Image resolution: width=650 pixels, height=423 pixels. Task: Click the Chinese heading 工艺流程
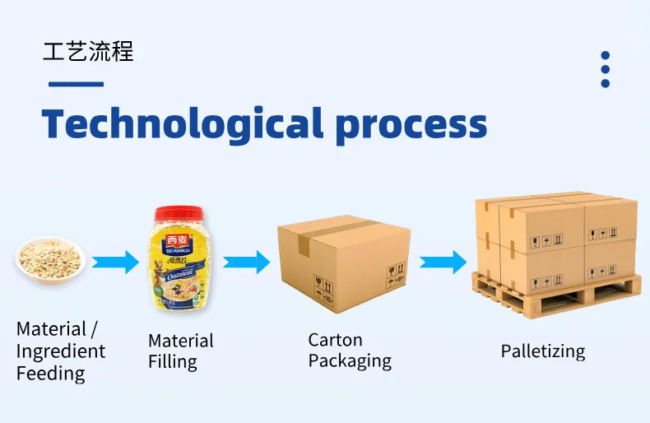click(x=87, y=51)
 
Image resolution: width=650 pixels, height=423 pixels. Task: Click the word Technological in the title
click(x=182, y=123)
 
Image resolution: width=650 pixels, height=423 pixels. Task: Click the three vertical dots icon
click(x=605, y=69)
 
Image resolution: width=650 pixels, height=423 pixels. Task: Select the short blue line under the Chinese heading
click(x=76, y=83)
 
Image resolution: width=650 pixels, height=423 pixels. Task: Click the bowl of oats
click(x=51, y=258)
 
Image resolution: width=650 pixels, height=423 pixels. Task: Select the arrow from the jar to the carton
click(x=246, y=263)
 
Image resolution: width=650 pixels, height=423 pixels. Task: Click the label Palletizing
click(x=543, y=351)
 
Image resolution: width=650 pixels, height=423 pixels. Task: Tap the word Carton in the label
click(x=335, y=340)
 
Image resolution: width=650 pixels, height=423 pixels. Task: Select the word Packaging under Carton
click(x=350, y=361)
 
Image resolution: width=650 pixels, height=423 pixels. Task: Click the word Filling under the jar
click(x=173, y=362)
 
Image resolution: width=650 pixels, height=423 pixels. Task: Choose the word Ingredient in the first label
click(x=61, y=351)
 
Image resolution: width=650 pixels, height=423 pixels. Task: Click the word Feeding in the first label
click(x=50, y=374)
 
